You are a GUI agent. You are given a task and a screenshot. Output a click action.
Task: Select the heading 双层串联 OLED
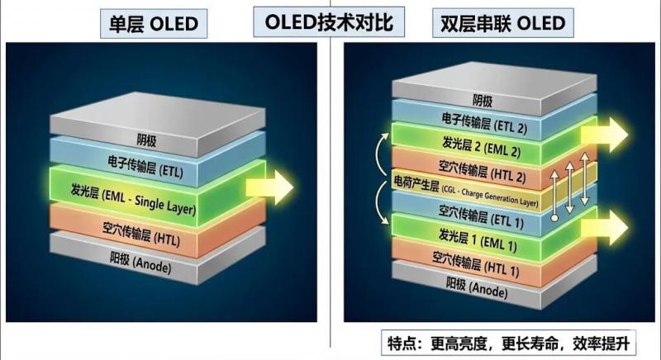498,22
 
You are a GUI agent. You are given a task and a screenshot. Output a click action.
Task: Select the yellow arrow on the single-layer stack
278,187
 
